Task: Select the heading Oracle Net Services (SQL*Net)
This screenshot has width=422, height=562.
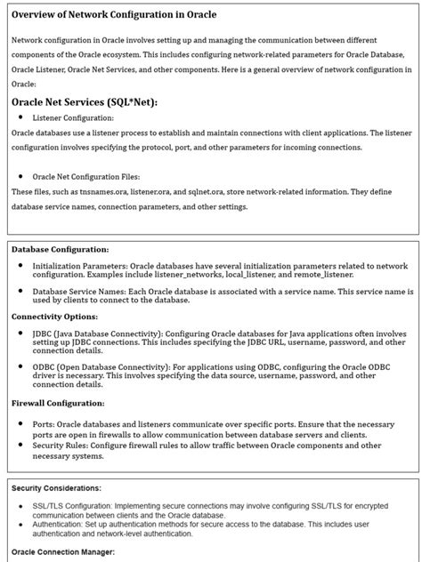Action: pos(84,102)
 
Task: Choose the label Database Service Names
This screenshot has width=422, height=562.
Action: pos(82,291)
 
